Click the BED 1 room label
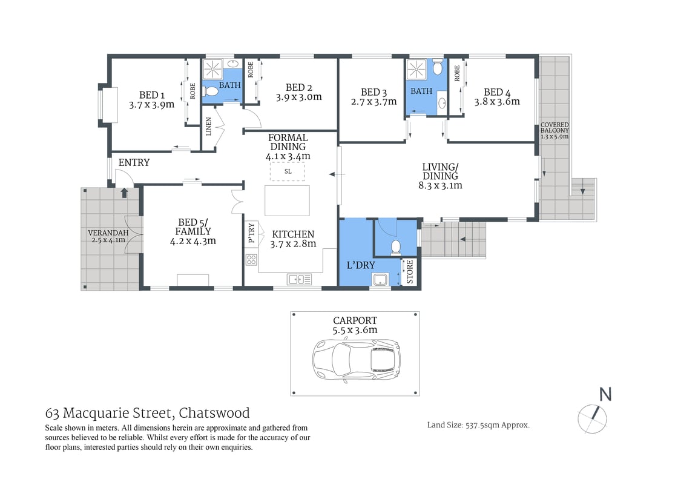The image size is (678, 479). point(151,94)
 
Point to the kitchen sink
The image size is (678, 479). point(300,279)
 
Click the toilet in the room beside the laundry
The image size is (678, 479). point(397,246)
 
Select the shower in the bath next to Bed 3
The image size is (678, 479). point(416,68)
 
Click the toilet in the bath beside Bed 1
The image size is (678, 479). point(210,91)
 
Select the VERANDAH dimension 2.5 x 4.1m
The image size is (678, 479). point(108,240)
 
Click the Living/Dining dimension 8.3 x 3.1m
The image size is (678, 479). point(440,185)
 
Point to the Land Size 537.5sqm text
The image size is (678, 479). point(478,425)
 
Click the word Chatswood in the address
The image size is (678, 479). point(215,414)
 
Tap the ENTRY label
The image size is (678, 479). point(134,163)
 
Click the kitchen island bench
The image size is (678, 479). point(287,200)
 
